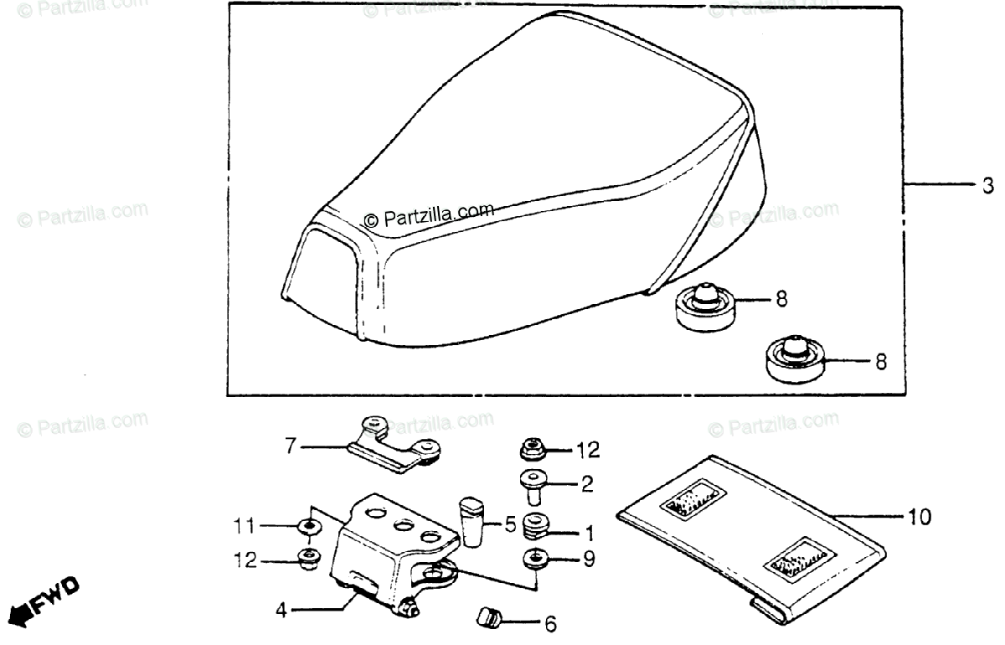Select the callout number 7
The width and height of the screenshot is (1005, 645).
pyautogui.click(x=291, y=447)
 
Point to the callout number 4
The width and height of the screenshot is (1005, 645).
pyautogui.click(x=282, y=610)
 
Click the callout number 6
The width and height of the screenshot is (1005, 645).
pyautogui.click(x=549, y=624)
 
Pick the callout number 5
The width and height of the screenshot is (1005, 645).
pyautogui.click(x=510, y=526)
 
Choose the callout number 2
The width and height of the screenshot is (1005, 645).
pyautogui.click(x=587, y=482)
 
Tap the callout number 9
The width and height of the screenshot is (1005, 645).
pyautogui.click(x=590, y=559)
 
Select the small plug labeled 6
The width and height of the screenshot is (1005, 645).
pyautogui.click(x=487, y=619)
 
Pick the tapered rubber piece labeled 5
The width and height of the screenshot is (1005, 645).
pyautogui.click(x=471, y=522)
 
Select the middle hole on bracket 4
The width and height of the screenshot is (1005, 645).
pyautogui.click(x=402, y=525)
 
